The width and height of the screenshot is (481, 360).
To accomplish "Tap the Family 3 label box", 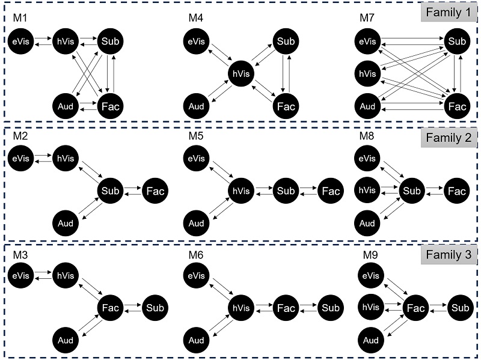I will (x=449, y=255).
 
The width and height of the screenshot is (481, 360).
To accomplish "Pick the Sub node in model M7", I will (x=458, y=41).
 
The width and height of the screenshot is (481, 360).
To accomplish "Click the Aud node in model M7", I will (x=370, y=107).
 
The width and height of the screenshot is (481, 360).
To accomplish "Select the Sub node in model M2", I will (x=110, y=191).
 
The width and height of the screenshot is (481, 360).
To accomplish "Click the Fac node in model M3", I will (x=110, y=308).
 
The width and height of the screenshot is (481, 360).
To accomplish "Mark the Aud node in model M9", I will (x=370, y=341).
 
